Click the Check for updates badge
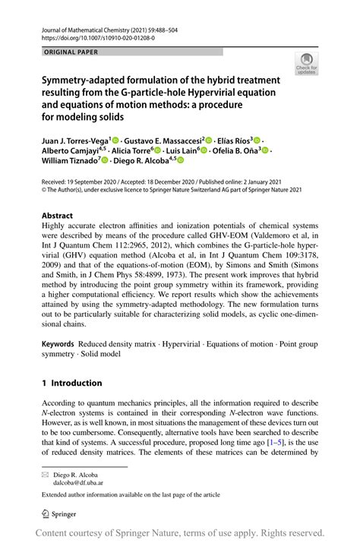308,65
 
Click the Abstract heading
58,216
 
